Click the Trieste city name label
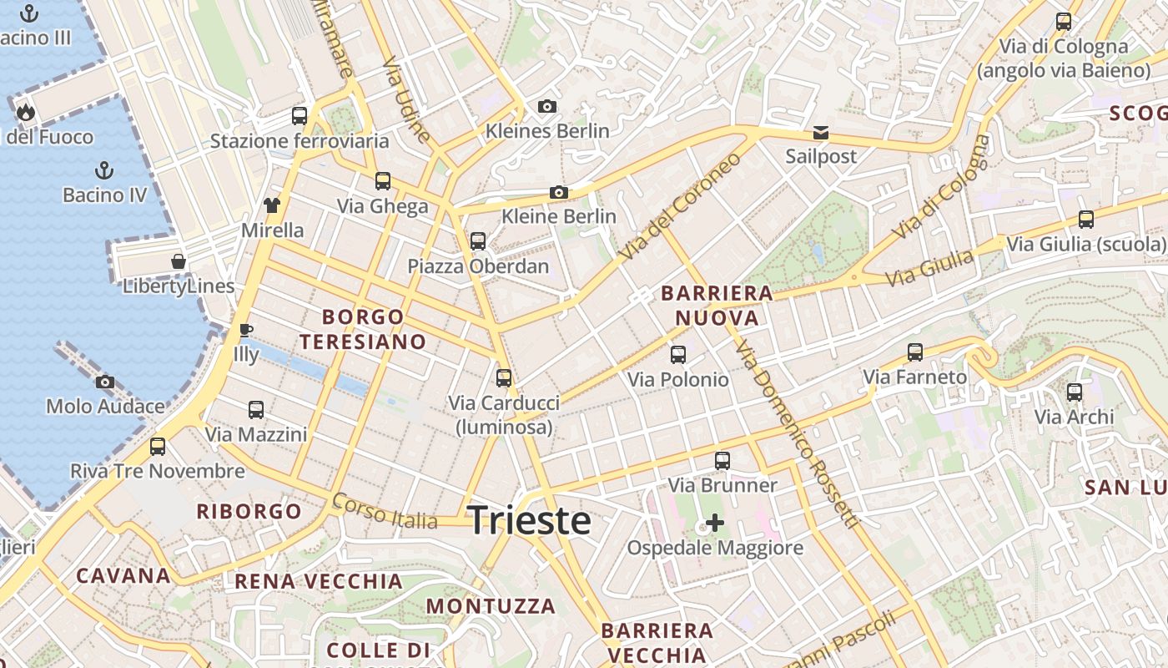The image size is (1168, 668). point(530,520)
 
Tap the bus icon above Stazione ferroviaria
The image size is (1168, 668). point(300,116)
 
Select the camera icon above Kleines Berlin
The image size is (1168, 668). point(547,106)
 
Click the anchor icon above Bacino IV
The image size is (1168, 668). point(104,171)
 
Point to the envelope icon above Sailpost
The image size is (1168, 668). point(821,133)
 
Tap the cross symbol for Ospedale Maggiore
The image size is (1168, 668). point(715,523)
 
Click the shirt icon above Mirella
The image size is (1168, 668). point(272,205)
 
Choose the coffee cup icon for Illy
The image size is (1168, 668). point(245,330)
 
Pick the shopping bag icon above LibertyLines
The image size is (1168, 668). point(179,261)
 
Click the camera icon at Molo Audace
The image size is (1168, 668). point(104,382)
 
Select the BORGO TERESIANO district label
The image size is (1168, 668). point(363,329)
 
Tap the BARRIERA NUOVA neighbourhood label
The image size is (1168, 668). point(717,306)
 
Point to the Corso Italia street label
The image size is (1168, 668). point(385,511)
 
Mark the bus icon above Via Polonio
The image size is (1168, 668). point(678,355)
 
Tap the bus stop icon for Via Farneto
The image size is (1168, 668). point(915,352)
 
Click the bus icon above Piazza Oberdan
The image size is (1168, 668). point(478,241)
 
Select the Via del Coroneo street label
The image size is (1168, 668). point(681,205)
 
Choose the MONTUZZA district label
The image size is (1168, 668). point(491,605)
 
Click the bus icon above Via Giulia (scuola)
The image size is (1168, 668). point(1086,220)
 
